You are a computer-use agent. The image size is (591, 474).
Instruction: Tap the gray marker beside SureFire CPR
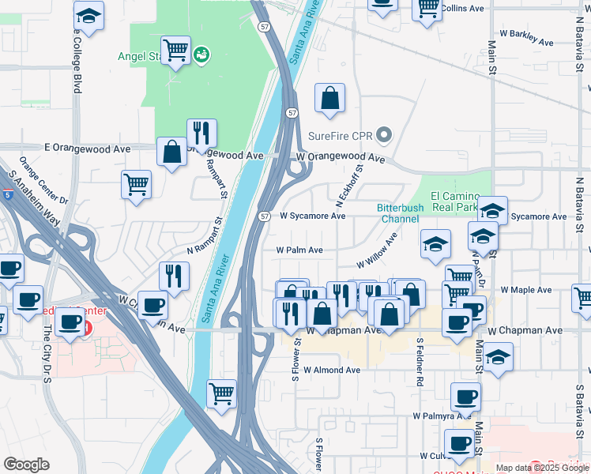(x=385, y=136)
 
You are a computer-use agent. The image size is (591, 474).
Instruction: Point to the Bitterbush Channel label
(x=400, y=213)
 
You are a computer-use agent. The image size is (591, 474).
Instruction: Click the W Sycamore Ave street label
(x=313, y=216)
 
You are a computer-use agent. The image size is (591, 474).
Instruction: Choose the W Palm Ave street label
(x=299, y=250)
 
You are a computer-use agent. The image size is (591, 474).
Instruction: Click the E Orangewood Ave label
(x=87, y=148)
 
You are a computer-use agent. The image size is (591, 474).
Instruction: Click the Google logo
(x=26, y=465)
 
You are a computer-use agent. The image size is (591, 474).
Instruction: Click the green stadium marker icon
(x=201, y=55)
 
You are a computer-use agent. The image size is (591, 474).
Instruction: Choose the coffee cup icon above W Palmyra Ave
(x=465, y=396)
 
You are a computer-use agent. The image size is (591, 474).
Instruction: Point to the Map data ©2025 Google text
(x=542, y=468)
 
